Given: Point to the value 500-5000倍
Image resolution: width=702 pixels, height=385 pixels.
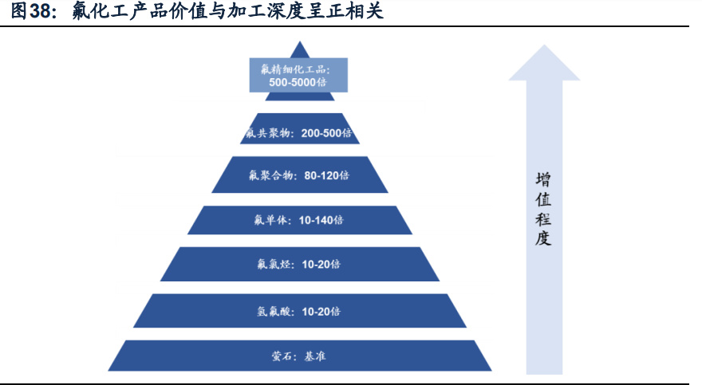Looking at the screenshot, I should point(299,82).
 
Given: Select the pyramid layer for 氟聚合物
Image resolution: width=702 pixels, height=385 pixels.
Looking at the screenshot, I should point(299,175).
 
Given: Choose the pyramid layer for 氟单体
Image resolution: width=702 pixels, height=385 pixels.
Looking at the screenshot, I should point(299,220).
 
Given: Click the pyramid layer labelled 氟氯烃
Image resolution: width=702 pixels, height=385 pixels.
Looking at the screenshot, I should point(299,264).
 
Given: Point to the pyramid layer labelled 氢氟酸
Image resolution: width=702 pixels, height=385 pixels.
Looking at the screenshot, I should point(299,311).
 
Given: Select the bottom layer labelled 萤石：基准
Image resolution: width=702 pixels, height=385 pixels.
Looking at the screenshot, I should point(299,356).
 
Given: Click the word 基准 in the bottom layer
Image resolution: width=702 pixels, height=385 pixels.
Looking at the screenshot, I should point(314,356).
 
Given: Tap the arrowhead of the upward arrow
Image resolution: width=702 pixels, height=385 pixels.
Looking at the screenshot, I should point(544,64).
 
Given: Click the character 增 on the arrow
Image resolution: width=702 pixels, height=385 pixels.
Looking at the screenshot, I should point(544,179).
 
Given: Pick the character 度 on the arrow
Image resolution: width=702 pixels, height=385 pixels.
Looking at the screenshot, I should point(544,238).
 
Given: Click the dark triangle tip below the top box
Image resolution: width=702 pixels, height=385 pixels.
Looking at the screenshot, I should point(299,96).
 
